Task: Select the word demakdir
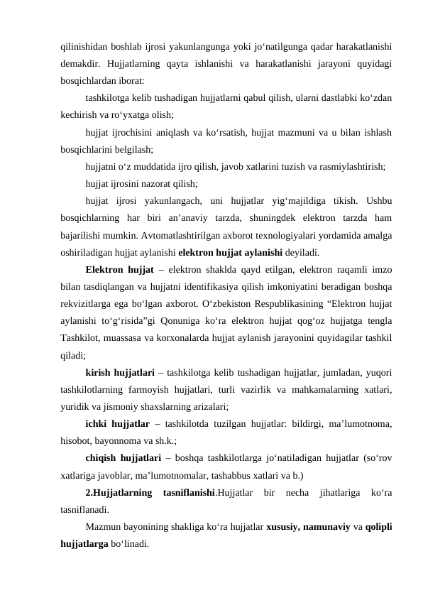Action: coord(79,65)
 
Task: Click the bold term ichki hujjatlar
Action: coord(116,424)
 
